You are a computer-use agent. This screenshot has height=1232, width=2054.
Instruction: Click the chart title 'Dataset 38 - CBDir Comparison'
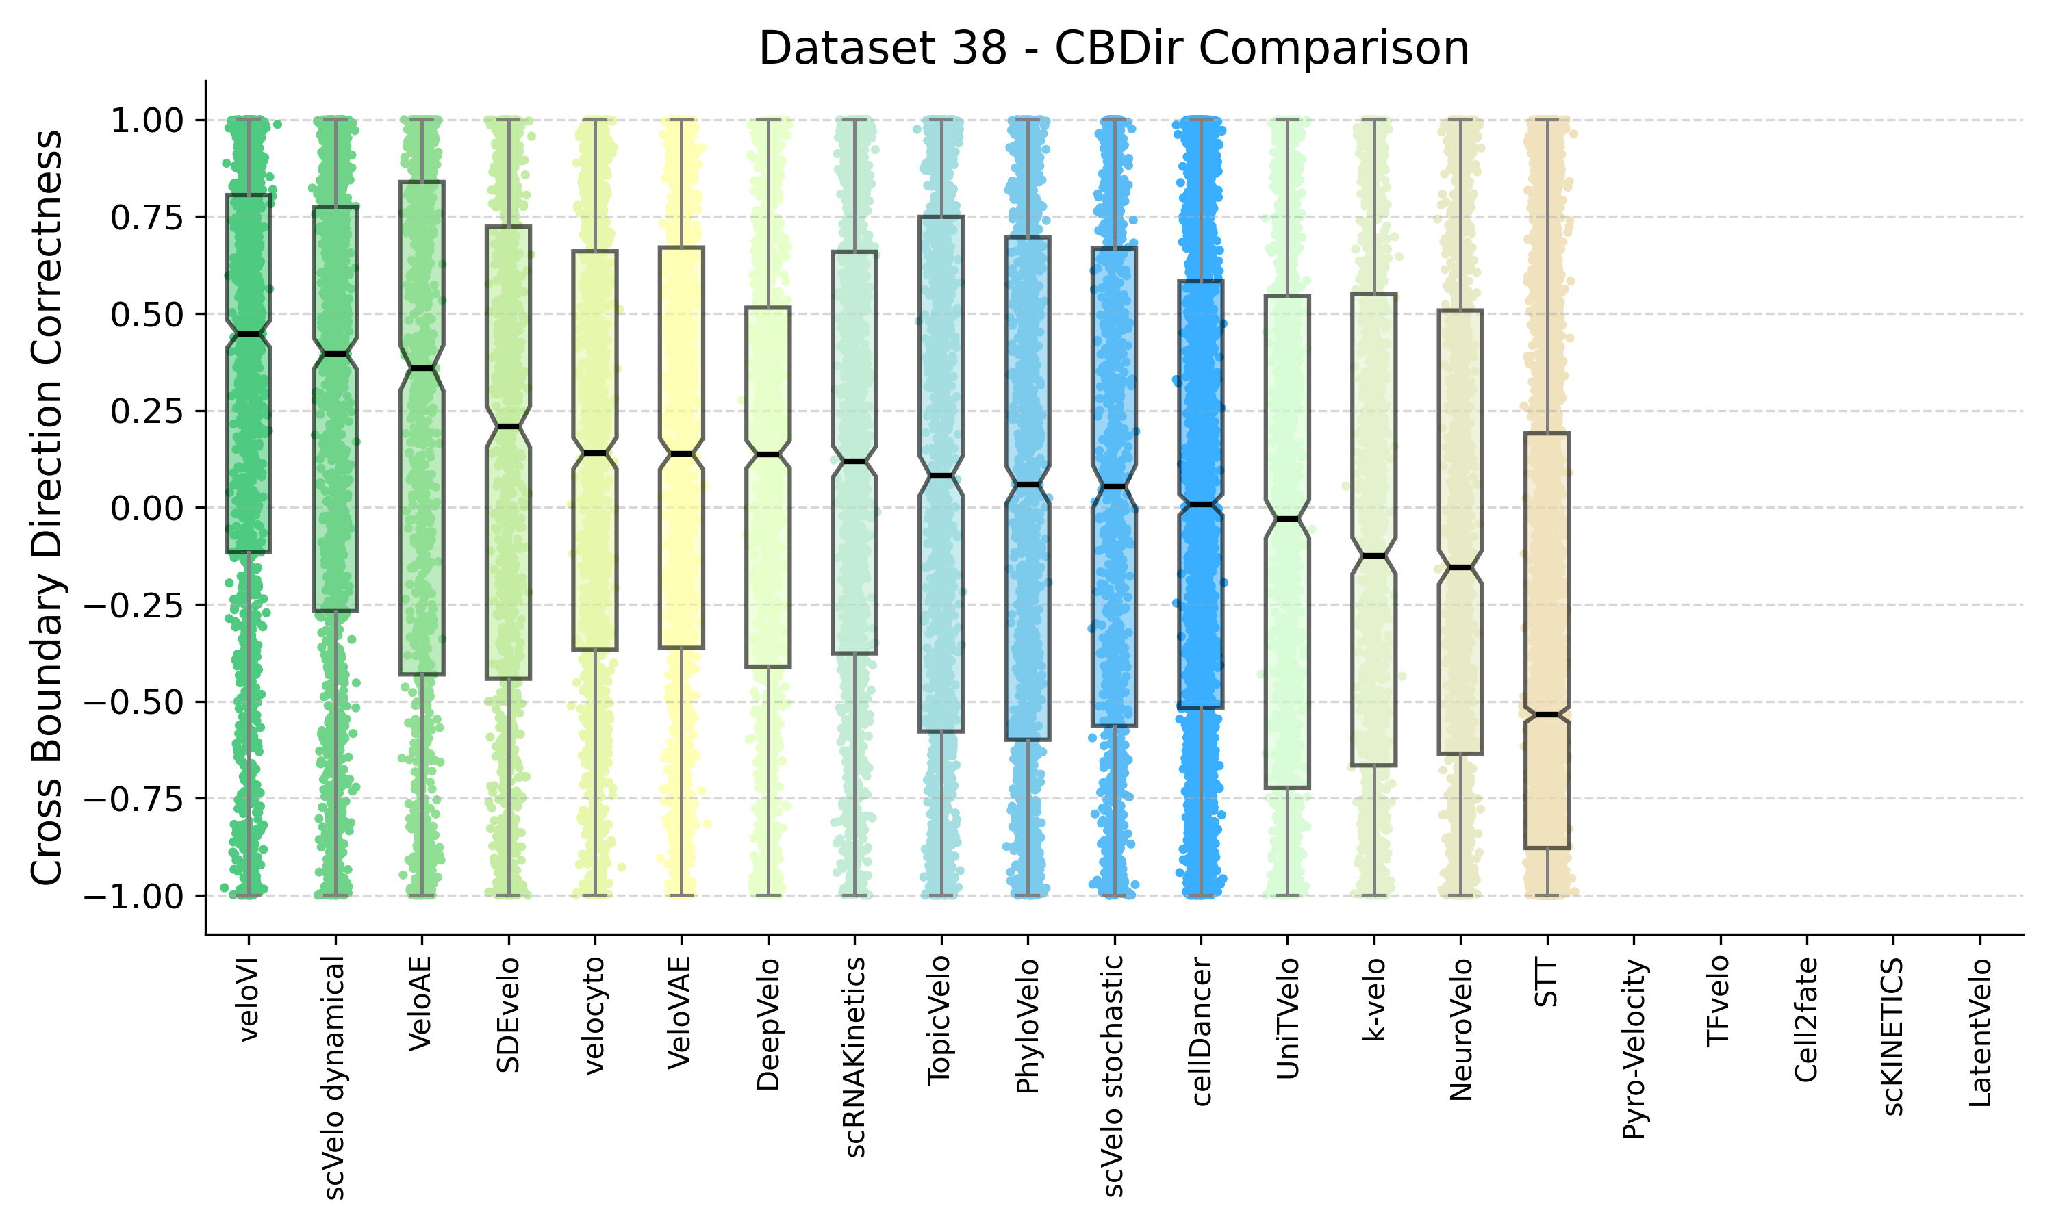[x=1113, y=48]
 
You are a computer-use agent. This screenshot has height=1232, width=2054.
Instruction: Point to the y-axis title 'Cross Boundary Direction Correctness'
[x=47, y=507]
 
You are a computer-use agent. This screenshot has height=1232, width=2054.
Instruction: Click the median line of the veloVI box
[x=249, y=334]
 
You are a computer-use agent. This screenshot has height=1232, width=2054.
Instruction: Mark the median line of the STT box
[x=1547, y=715]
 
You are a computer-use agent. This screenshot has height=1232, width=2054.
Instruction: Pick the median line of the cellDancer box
[x=1200, y=504]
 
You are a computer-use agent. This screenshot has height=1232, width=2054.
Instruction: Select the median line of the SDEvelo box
[x=508, y=426]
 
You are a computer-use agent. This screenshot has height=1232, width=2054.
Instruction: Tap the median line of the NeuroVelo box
[x=1460, y=568]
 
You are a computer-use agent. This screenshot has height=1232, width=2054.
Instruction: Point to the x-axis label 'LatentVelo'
[x=1979, y=1033]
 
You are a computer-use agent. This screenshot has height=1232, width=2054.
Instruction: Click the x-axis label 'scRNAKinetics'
[x=854, y=1057]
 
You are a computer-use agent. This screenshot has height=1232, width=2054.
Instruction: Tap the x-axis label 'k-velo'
[x=1374, y=999]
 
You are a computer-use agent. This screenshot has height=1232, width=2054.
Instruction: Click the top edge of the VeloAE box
[x=422, y=182]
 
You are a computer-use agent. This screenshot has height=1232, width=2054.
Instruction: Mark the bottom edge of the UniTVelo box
[x=1288, y=787]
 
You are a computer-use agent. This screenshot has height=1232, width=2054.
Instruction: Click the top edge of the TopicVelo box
[x=941, y=218]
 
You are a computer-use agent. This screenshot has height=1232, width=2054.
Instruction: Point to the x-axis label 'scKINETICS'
[x=1893, y=1037]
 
